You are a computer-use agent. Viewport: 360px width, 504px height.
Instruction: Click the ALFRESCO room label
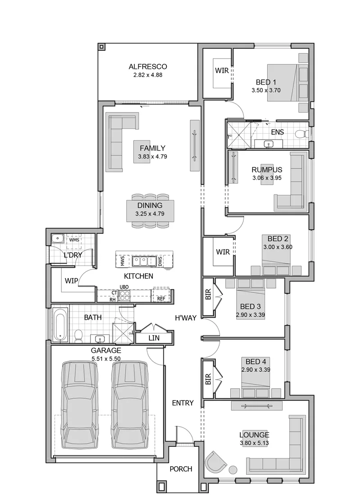click(148, 67)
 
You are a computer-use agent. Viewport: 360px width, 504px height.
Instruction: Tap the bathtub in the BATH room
click(60, 324)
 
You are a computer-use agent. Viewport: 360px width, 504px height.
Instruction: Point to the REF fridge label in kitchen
click(161, 299)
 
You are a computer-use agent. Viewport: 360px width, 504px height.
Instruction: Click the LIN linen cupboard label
click(153, 338)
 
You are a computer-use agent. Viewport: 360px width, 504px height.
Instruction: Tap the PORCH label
click(181, 469)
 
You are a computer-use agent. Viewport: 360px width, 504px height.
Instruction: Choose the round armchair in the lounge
click(216, 462)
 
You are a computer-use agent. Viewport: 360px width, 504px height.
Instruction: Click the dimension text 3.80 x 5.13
click(254, 443)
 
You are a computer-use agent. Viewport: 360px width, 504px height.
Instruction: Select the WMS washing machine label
click(74, 240)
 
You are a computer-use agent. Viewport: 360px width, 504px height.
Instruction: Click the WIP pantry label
click(71, 281)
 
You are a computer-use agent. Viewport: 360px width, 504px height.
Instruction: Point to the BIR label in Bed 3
click(208, 294)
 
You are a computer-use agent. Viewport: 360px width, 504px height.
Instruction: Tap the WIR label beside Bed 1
click(222, 71)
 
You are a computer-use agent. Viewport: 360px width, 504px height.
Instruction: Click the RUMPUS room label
click(267, 170)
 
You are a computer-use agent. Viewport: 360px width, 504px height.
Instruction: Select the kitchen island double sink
click(144, 261)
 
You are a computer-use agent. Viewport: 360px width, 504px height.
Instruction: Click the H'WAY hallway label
click(185, 318)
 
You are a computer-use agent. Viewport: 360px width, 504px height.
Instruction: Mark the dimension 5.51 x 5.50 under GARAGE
click(106, 358)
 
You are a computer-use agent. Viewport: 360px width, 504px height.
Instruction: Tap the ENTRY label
click(183, 403)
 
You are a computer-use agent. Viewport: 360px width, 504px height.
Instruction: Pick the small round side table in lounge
click(234, 470)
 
